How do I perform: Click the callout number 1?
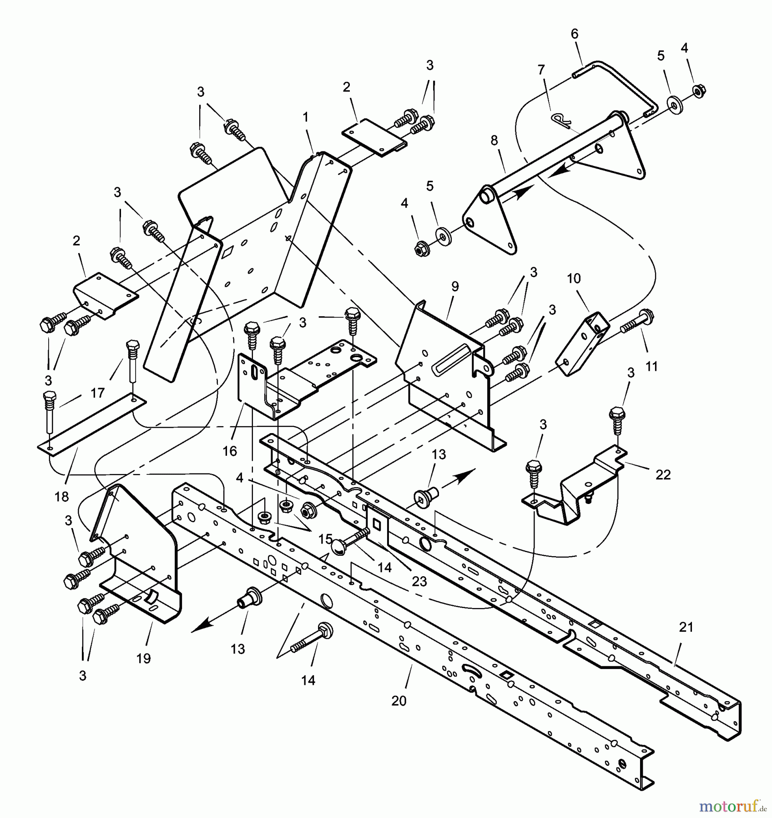306,117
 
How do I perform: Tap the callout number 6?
574,34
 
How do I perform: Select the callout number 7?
541,70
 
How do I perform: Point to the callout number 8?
494,140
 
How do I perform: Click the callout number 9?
455,286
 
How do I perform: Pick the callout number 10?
574,279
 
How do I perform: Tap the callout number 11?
651,366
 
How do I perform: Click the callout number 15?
325,539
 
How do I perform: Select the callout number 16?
230,451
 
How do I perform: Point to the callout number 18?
61,497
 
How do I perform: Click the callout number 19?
143,658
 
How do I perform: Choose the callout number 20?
399,701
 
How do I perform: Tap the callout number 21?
686,627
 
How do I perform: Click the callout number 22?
663,475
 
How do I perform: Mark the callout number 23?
419,581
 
